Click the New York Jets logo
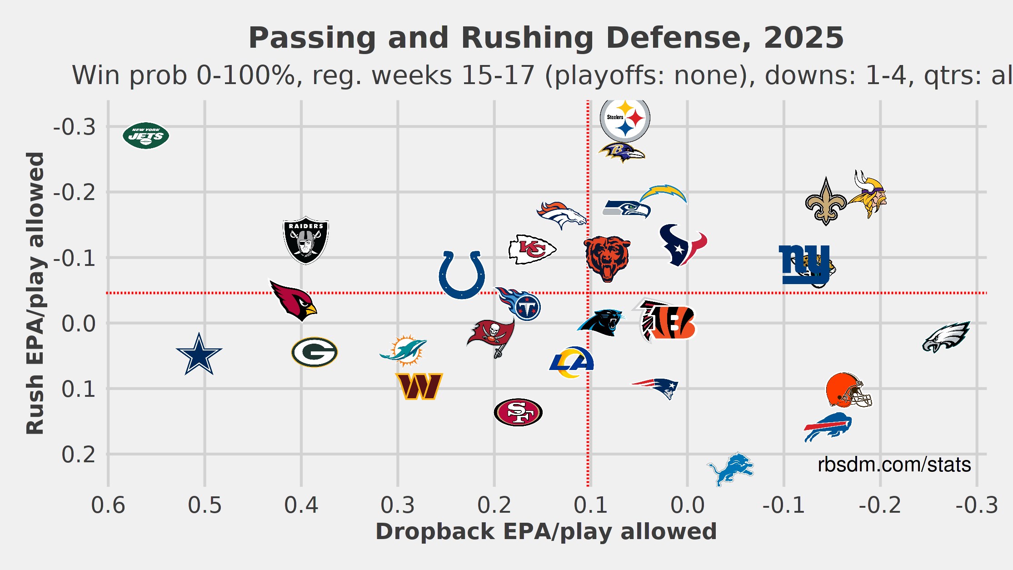coord(146,135)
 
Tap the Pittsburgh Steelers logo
coord(625,118)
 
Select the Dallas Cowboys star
coord(199,354)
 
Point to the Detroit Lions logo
coord(730,468)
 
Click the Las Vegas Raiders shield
coord(306,240)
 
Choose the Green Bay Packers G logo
coord(314,352)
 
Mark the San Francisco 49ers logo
coord(518,412)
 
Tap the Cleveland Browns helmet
coord(848,390)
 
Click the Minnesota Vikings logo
coord(868,195)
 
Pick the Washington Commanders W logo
coord(419,386)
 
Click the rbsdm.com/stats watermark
coord(894,465)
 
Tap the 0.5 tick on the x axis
coord(205,505)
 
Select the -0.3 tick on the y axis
coord(75,127)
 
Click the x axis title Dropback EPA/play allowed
coord(546,531)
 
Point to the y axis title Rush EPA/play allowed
coord(35,293)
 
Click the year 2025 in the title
coord(803,38)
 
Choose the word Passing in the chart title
coord(312,38)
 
